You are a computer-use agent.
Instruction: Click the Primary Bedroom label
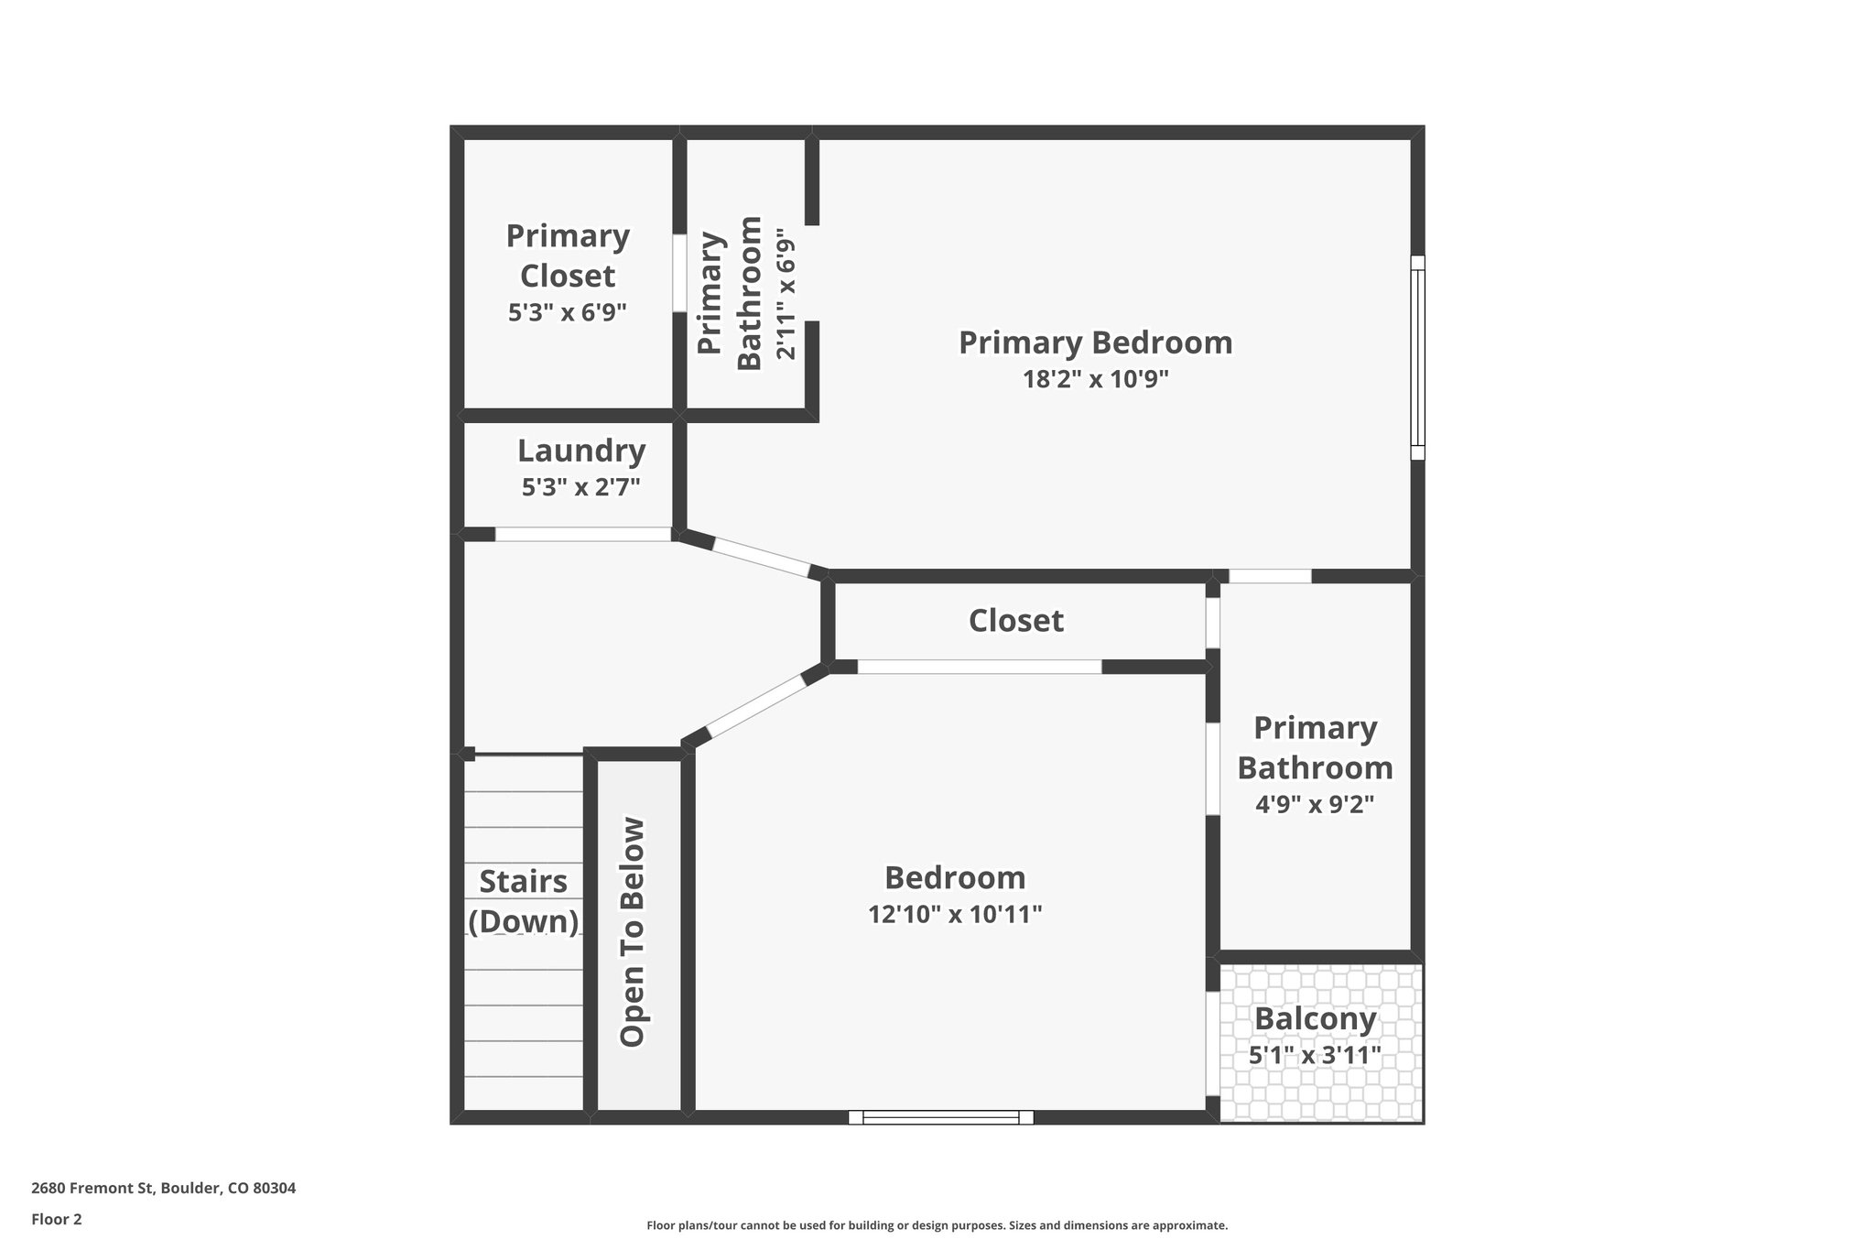(x=1095, y=343)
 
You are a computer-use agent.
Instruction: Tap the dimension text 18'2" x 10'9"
(x=1095, y=379)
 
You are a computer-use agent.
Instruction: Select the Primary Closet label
(x=568, y=255)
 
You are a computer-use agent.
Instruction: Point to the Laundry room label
(x=581, y=451)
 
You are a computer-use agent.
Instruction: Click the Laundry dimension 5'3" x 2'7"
(x=580, y=487)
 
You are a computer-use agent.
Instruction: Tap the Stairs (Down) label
(x=524, y=901)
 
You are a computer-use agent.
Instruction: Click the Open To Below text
(x=633, y=931)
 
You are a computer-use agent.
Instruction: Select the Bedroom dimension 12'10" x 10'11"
(x=955, y=914)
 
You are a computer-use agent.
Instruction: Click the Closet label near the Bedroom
(x=1016, y=621)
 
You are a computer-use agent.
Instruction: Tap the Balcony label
(x=1315, y=1018)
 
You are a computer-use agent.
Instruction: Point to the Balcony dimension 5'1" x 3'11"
(x=1315, y=1056)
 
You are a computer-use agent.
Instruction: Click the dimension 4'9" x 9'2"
(x=1315, y=805)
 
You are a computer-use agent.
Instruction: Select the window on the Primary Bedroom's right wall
(x=1417, y=357)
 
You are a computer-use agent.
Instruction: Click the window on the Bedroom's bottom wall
(x=940, y=1117)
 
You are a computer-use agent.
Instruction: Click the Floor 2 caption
(x=57, y=1219)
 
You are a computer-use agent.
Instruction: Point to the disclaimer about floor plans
(x=937, y=1225)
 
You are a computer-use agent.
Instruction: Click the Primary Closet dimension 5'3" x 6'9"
(x=568, y=313)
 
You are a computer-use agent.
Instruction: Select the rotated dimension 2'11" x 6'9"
(x=786, y=294)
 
